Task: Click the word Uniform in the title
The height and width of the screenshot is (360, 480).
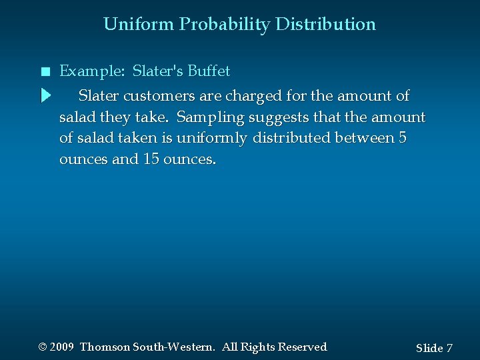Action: pyautogui.click(x=139, y=25)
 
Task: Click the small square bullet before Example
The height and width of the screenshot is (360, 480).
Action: pyautogui.click(x=44, y=71)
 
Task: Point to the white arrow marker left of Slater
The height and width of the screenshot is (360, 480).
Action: pyautogui.click(x=45, y=95)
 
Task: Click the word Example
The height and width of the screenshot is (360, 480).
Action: pyautogui.click(x=87, y=71)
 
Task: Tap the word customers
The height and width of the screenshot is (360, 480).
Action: pyautogui.click(x=155, y=95)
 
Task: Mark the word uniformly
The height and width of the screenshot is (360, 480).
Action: pyautogui.click(x=209, y=139)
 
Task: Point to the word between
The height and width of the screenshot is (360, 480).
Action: pyautogui.click(x=370, y=139)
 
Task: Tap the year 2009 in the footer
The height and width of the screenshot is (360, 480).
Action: pyautogui.click(x=61, y=347)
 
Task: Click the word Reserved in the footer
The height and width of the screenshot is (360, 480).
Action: pyautogui.click(x=302, y=347)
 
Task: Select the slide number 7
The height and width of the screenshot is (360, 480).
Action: pyautogui.click(x=449, y=348)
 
